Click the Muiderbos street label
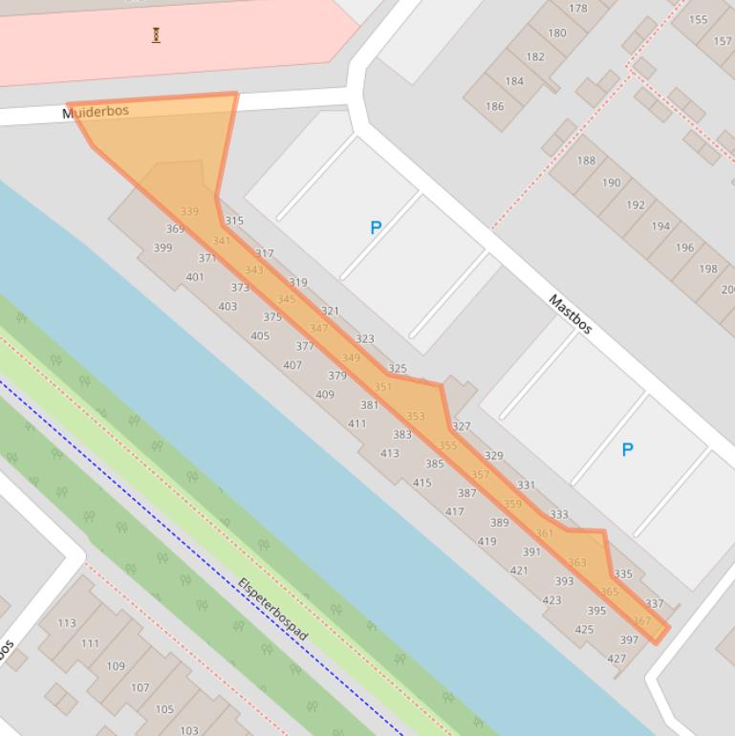click(x=96, y=113)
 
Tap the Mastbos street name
click(x=571, y=314)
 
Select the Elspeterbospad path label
click(x=273, y=610)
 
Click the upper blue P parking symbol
click(x=376, y=227)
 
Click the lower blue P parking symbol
click(x=628, y=449)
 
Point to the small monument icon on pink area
click(x=156, y=35)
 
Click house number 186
click(x=494, y=106)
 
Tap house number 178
click(x=578, y=9)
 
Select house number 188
click(x=586, y=161)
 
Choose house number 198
click(x=707, y=269)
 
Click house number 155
click(x=699, y=19)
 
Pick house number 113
click(x=66, y=622)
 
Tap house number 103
click(x=189, y=730)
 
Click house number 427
click(x=616, y=658)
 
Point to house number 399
click(x=162, y=248)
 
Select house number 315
click(x=234, y=221)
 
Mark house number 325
click(x=398, y=368)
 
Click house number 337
click(x=655, y=603)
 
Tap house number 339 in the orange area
click(x=189, y=211)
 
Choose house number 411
click(x=357, y=423)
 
